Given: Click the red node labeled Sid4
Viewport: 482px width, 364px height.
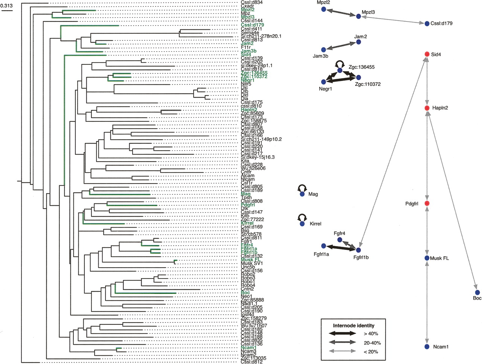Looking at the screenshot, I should tap(427, 54).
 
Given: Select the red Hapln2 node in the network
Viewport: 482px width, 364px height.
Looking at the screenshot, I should tap(427, 108).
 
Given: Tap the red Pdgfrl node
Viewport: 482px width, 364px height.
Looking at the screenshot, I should tap(427, 203).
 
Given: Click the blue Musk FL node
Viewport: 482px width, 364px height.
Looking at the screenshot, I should tap(427, 258).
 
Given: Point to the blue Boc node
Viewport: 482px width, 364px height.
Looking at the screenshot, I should tap(477, 292).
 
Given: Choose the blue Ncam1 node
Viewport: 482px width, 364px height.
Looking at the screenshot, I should tap(427, 346).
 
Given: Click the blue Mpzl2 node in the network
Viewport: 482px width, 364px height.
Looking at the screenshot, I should tap(323, 9).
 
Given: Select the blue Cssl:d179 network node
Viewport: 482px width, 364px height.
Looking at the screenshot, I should tap(427, 23).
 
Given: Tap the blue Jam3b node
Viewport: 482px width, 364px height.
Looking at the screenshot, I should tap(323, 50).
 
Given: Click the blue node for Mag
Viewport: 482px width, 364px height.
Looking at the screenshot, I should tap(302, 194).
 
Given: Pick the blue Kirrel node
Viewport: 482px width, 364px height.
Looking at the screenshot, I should tap(302, 224).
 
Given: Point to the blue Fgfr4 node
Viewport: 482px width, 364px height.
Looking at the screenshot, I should tap(340, 240).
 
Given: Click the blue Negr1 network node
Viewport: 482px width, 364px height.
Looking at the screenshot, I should tap(323, 82).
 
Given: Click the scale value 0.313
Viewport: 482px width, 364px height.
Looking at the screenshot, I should tap(6, 6).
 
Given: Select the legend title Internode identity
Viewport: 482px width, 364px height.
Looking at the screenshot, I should tap(354, 325).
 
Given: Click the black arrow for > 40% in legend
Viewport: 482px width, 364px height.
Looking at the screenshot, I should tap(342, 333).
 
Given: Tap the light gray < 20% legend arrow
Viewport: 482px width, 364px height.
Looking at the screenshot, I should tap(342, 352).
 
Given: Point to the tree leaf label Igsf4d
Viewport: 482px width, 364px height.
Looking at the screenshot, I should tap(248, 315).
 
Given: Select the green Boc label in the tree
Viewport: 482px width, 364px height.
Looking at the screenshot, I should tap(245, 293).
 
